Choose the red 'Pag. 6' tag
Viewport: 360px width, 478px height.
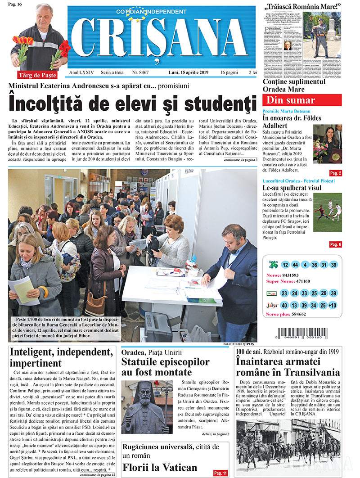335,244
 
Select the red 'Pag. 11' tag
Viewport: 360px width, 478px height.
220,473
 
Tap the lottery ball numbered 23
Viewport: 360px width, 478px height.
284,293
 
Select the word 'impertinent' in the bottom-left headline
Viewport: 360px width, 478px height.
36,363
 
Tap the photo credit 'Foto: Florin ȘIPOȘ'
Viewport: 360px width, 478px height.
240,344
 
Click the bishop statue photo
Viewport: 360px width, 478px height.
147,407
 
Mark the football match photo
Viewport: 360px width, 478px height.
327,213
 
